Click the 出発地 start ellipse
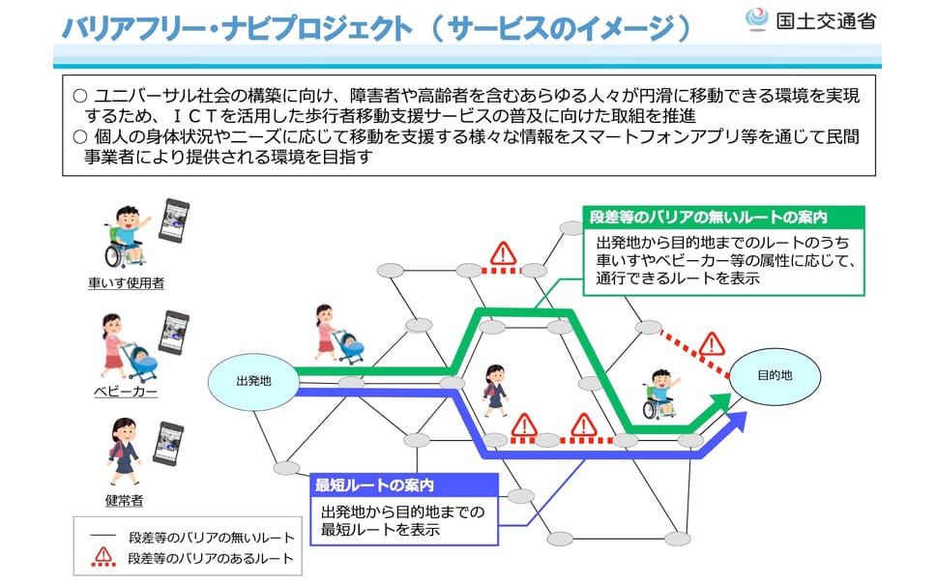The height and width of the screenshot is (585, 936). pyautogui.click(x=253, y=381)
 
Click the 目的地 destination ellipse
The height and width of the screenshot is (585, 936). pyautogui.click(x=775, y=376)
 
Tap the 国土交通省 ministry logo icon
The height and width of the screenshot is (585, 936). pyautogui.click(x=757, y=18)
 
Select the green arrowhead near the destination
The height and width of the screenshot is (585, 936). pyautogui.click(x=718, y=405)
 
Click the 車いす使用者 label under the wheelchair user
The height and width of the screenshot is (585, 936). pyautogui.click(x=126, y=283)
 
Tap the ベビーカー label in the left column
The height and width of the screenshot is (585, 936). pyautogui.click(x=126, y=392)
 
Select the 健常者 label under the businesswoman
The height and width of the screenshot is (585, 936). pyautogui.click(x=125, y=500)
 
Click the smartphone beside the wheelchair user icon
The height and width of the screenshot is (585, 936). pyautogui.click(x=174, y=220)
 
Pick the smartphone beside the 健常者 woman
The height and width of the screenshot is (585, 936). pyautogui.click(x=168, y=444)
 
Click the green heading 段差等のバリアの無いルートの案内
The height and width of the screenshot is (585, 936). pyautogui.click(x=709, y=217)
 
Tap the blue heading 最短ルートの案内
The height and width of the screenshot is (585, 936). pyautogui.click(x=374, y=485)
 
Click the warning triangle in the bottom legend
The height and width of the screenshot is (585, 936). pyautogui.click(x=103, y=556)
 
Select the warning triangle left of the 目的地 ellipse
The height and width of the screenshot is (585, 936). pyautogui.click(x=712, y=344)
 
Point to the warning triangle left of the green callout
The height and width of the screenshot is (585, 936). pyautogui.click(x=503, y=253)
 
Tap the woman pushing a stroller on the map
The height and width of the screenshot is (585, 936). pyautogui.click(x=338, y=335)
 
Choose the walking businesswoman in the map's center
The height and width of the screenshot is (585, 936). pyautogui.click(x=495, y=391)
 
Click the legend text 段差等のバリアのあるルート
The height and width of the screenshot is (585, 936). pyautogui.click(x=212, y=559)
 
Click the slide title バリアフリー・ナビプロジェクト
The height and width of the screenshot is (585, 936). pyautogui.click(x=237, y=27)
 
